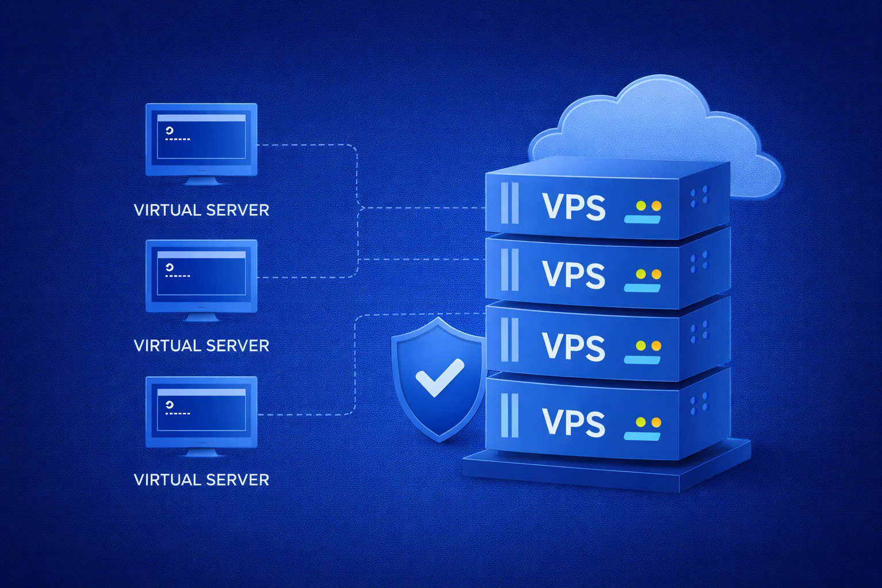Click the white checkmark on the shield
(439, 377)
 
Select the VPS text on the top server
(574, 207)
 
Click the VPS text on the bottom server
(574, 423)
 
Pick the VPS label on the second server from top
(574, 275)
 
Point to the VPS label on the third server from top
(574, 347)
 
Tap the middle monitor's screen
(201, 273)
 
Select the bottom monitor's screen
(201, 410)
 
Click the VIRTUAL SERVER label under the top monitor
(201, 210)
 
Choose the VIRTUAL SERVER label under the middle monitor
(201, 346)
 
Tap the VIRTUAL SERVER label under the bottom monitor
(201, 480)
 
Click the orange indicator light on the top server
(656, 206)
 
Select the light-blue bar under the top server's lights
(643, 219)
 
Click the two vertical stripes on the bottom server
(509, 415)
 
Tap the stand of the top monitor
(201, 181)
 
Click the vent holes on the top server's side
(699, 196)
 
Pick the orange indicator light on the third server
(656, 346)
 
